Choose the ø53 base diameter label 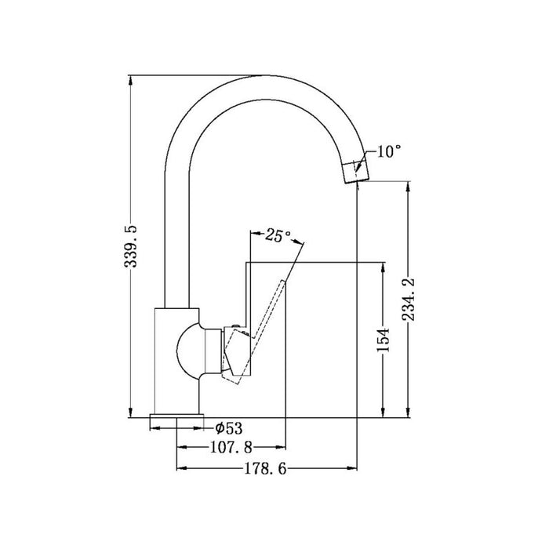[x=227, y=427]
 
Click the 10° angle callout [x=388, y=152]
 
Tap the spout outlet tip [x=355, y=170]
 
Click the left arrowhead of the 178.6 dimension [x=182, y=469]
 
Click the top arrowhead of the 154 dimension [x=382, y=266]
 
